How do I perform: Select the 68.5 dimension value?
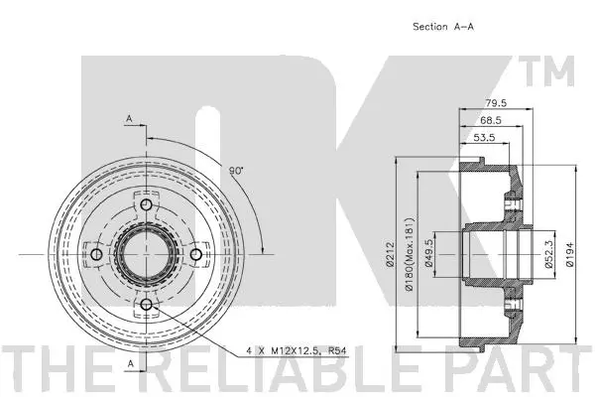click(478, 119)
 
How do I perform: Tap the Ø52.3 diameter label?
click(547, 255)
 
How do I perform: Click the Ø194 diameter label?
click(568, 255)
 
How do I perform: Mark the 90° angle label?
click(237, 171)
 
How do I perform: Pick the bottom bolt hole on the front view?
click(145, 303)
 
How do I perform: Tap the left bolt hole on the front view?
click(96, 255)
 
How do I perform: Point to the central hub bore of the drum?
click(145, 255)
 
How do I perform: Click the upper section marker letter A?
click(129, 119)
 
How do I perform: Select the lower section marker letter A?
click(129, 363)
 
